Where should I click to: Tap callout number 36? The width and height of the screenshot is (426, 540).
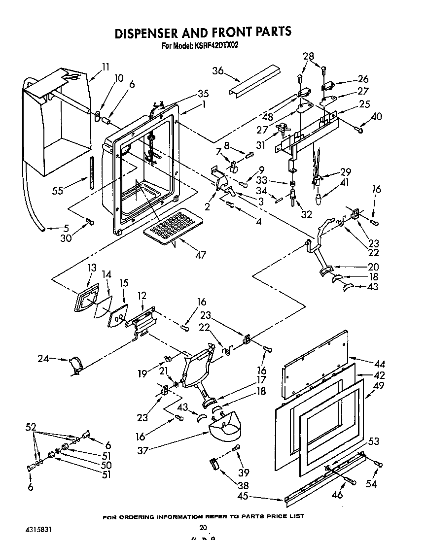(218, 71)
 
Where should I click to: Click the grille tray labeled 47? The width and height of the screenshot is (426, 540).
(171, 224)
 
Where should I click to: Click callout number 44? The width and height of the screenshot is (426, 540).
(380, 364)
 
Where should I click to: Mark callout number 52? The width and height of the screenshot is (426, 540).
(31, 428)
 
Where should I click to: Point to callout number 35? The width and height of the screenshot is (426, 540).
(189, 93)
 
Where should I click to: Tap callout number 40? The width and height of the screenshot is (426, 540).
(377, 117)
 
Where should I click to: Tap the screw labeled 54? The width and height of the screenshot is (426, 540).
(378, 464)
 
